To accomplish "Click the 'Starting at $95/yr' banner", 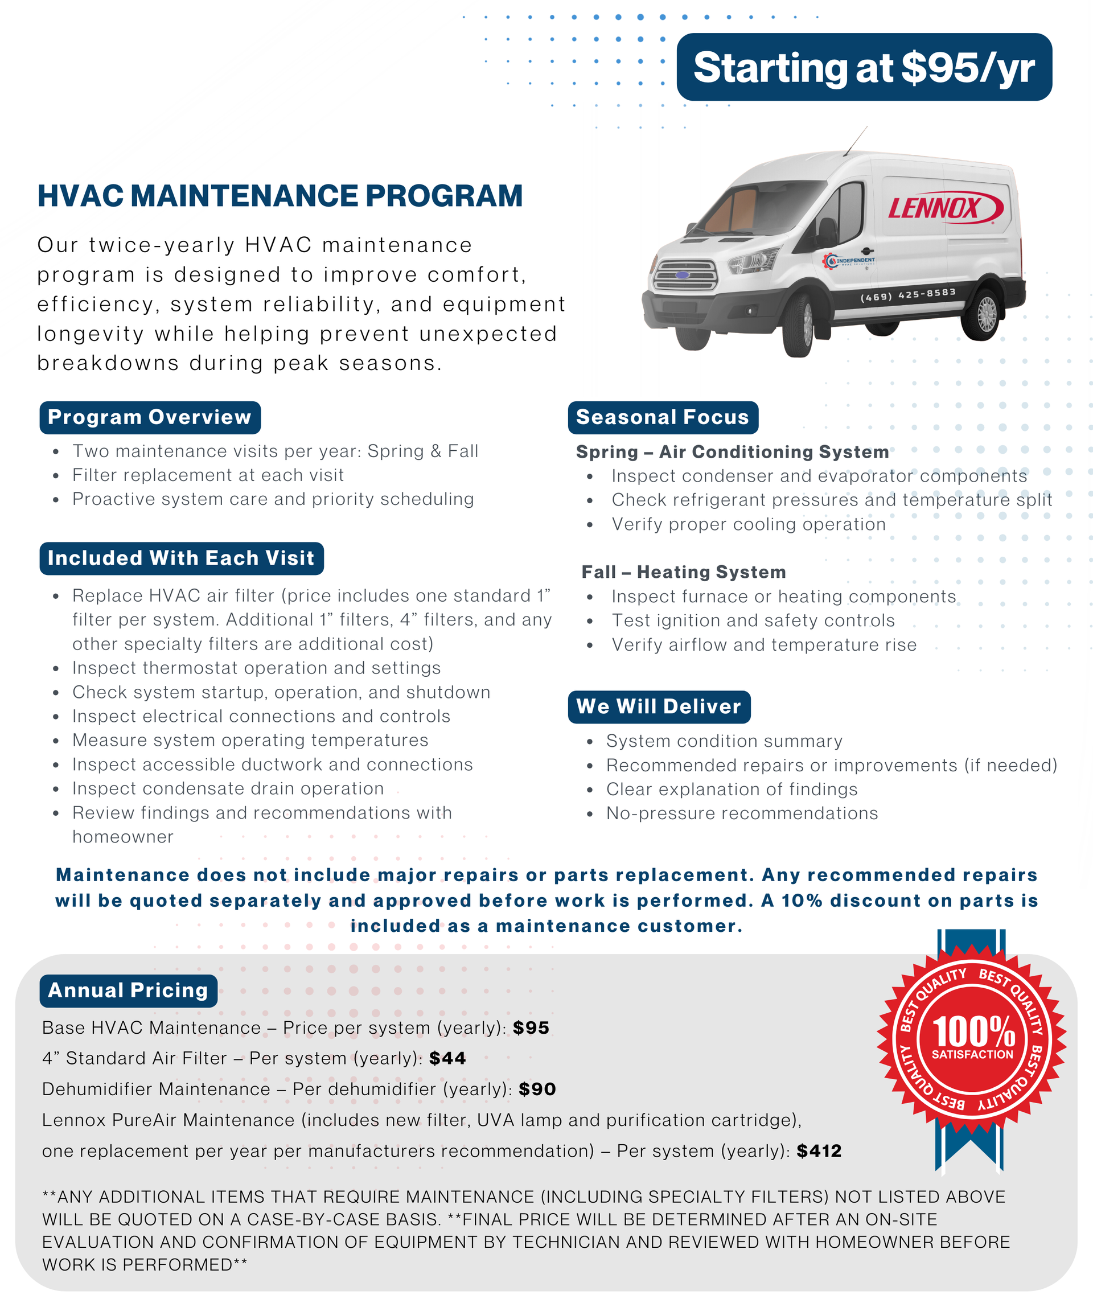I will point(864,67).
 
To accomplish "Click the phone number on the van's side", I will point(907,295).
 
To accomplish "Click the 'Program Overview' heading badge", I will point(150,418).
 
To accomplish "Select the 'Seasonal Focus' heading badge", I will point(662,418).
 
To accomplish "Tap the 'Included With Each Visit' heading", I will point(181,558).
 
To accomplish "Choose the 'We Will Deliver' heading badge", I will point(659,707).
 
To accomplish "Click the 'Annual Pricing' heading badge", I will point(128,990).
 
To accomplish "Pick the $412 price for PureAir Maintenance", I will point(819,1151).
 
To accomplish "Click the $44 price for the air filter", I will point(447,1058).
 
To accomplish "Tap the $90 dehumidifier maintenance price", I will point(537,1089).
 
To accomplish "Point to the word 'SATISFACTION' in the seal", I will point(972,1055).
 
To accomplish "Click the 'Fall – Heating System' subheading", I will point(683,572).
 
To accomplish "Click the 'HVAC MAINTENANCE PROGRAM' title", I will point(280,196).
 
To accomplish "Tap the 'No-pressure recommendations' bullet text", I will point(742,813).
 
